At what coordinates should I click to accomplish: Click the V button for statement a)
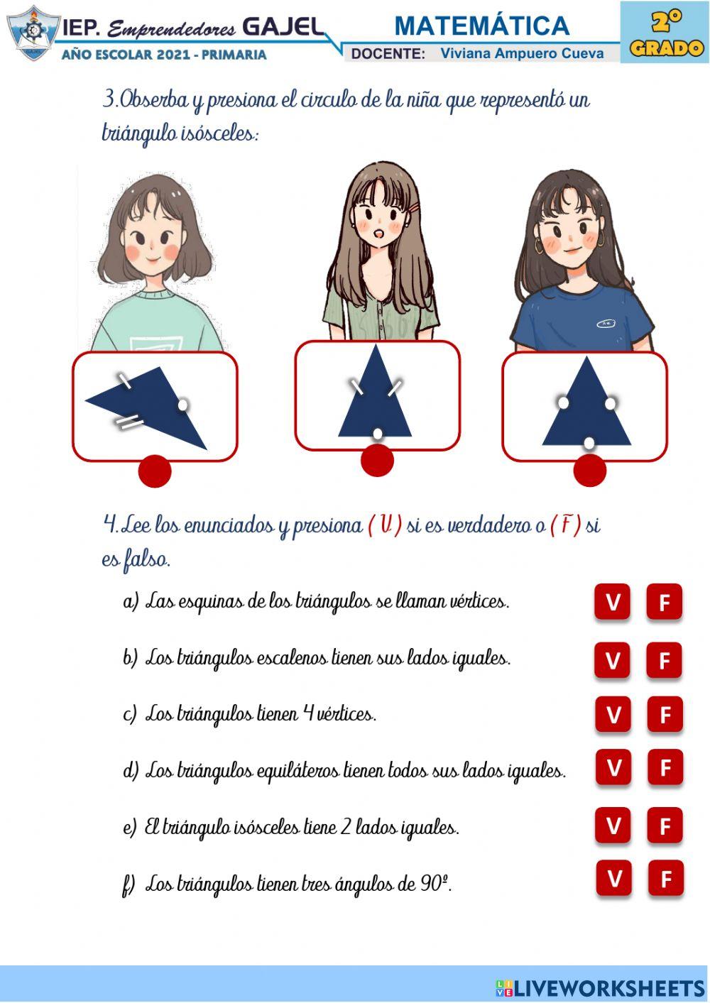[x=612, y=602]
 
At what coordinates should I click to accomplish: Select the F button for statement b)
[x=665, y=660]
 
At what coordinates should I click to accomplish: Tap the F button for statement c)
[x=665, y=714]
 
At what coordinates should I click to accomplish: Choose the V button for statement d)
[x=613, y=767]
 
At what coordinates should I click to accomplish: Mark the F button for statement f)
[x=666, y=879]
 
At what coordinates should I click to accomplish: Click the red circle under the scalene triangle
[x=155, y=471]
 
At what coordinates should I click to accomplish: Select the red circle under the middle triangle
[x=377, y=460]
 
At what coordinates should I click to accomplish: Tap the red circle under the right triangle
[x=589, y=470]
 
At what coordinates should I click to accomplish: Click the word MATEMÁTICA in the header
[x=482, y=26]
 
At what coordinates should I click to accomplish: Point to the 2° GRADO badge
[x=665, y=33]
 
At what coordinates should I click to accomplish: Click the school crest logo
[x=31, y=33]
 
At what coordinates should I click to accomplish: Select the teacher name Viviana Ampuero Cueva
[x=522, y=53]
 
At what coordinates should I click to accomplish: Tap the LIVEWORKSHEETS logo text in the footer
[x=608, y=988]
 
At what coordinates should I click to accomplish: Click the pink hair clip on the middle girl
[x=413, y=207]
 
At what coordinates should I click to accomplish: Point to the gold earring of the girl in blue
[x=539, y=246]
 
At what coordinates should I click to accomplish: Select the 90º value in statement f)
[x=434, y=884]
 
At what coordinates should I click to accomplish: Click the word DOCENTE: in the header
[x=388, y=54]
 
